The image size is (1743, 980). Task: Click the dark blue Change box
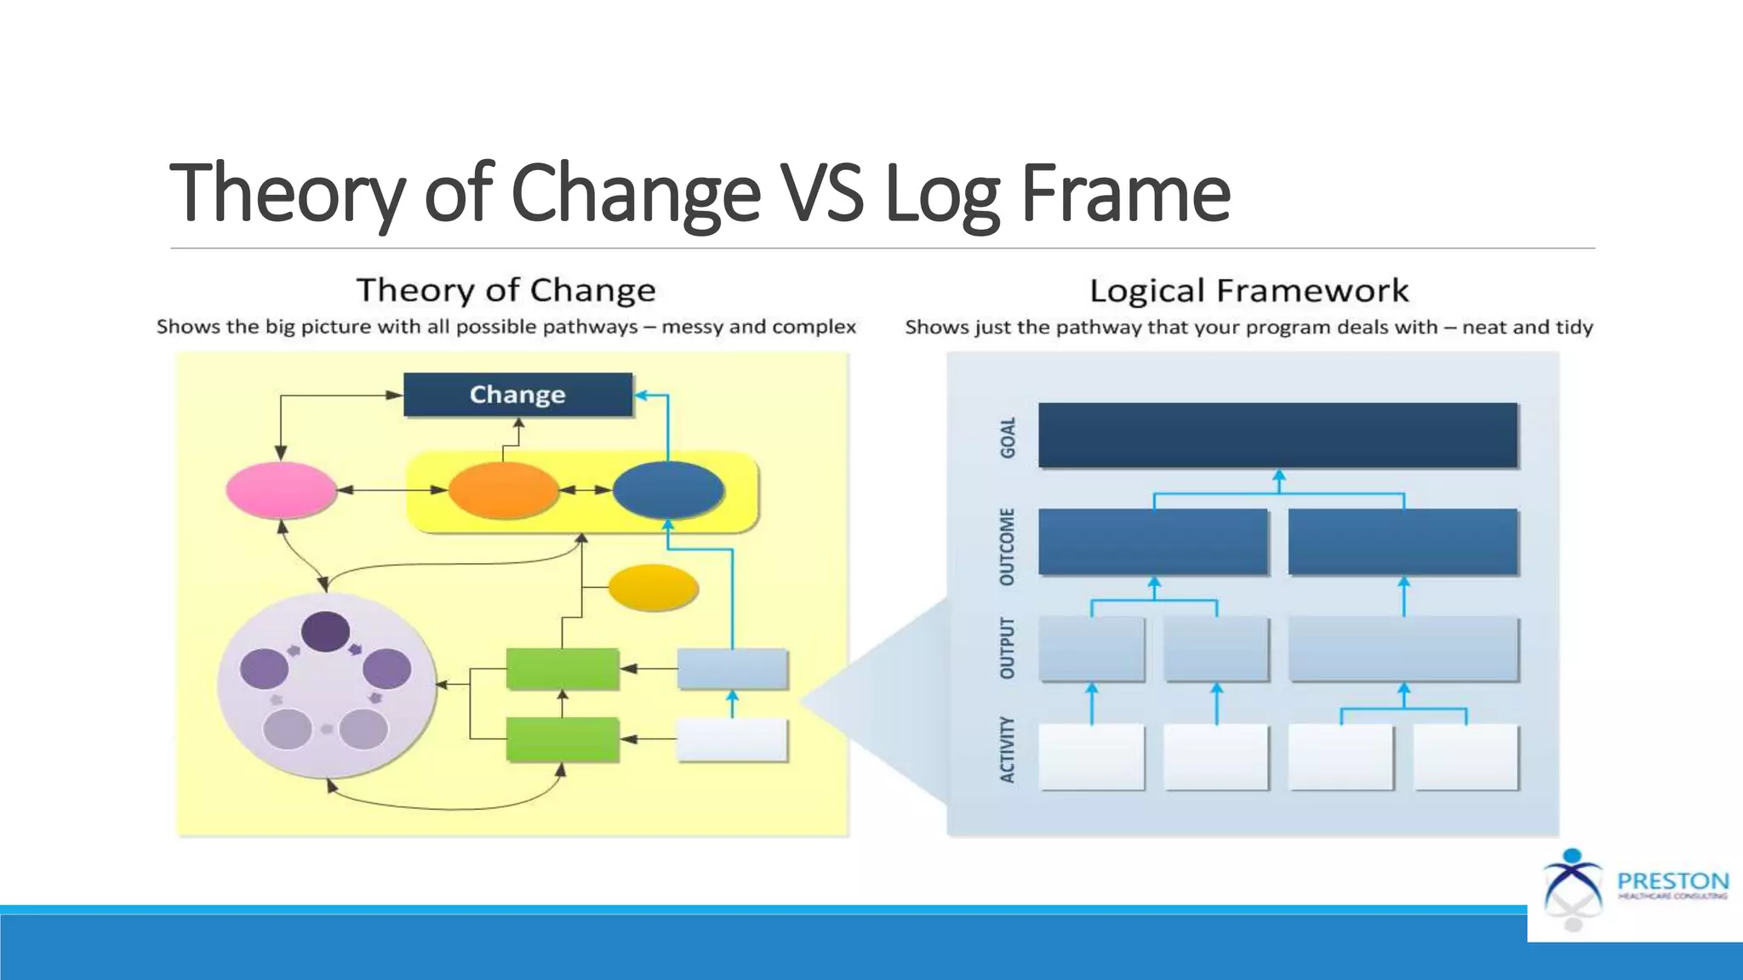point(517,395)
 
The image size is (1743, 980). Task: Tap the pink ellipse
point(281,490)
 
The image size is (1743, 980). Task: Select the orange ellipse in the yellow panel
point(503,490)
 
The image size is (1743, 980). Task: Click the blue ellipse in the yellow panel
point(668,490)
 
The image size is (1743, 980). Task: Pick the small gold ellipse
point(653,587)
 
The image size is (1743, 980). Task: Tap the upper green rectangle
point(562,669)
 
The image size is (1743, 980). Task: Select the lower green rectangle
point(562,739)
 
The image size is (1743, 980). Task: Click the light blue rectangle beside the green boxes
point(732,669)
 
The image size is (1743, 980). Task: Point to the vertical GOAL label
point(1008,437)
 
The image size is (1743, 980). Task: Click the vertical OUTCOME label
point(1008,546)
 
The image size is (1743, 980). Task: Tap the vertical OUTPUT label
point(1008,648)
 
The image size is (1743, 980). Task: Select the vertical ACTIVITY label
point(1008,749)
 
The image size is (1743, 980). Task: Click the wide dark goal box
point(1277,435)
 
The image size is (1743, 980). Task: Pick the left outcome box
point(1153,541)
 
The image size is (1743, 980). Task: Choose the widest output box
point(1403,648)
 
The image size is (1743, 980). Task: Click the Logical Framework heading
point(1249,291)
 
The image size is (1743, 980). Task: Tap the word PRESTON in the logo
point(1672,880)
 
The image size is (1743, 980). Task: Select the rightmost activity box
point(1466,756)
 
